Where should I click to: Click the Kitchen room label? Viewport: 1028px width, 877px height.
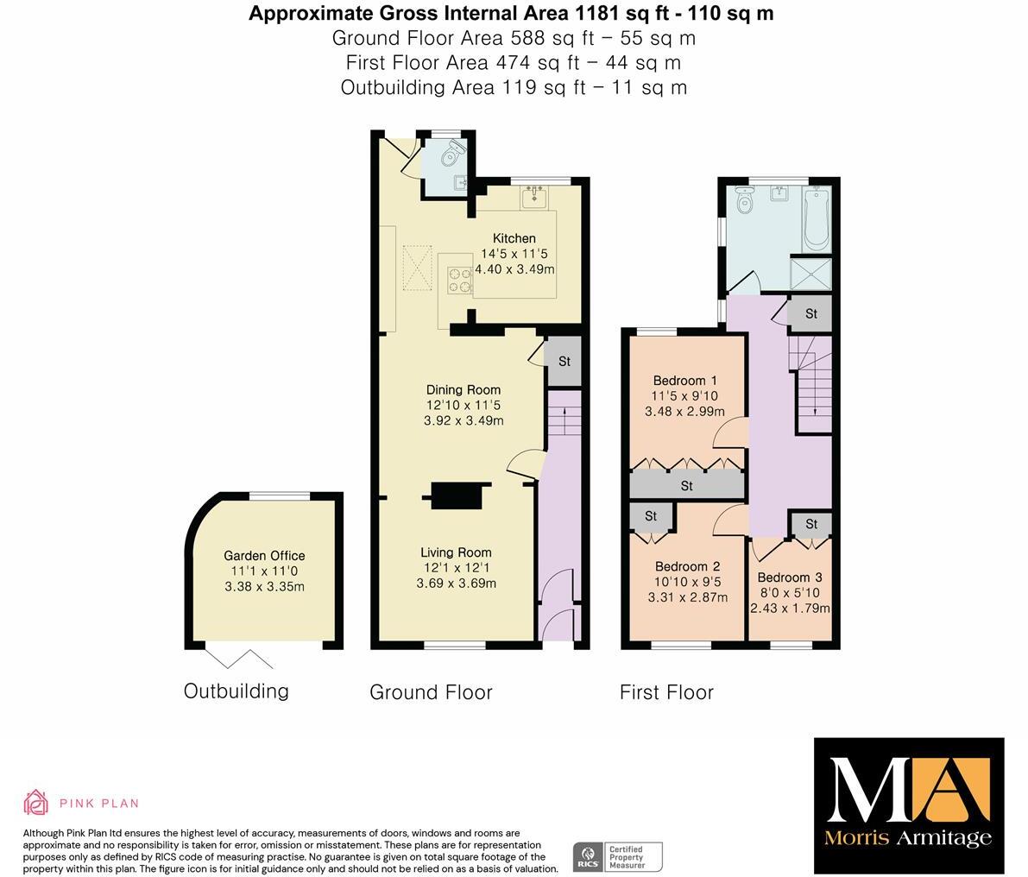coord(514,238)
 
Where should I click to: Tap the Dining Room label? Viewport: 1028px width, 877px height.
coord(464,389)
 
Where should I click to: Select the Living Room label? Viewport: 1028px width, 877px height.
coord(456,552)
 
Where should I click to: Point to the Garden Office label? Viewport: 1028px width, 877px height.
coord(264,556)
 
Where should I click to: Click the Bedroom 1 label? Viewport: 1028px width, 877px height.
coord(684,381)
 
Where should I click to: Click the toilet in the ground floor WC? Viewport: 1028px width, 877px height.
coord(450,155)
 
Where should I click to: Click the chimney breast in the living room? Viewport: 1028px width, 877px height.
coord(457,495)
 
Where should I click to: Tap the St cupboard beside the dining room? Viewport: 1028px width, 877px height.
coord(564,362)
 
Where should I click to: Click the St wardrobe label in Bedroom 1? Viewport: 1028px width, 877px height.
coord(686,486)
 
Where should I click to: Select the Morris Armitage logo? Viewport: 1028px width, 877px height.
coord(909,804)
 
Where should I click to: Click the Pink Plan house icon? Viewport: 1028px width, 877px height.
coord(36,802)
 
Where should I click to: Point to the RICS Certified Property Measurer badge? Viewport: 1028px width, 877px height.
coord(618,855)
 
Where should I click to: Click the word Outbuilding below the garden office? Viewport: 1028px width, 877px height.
coord(236,691)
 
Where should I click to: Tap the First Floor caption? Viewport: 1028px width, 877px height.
coord(666,692)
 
